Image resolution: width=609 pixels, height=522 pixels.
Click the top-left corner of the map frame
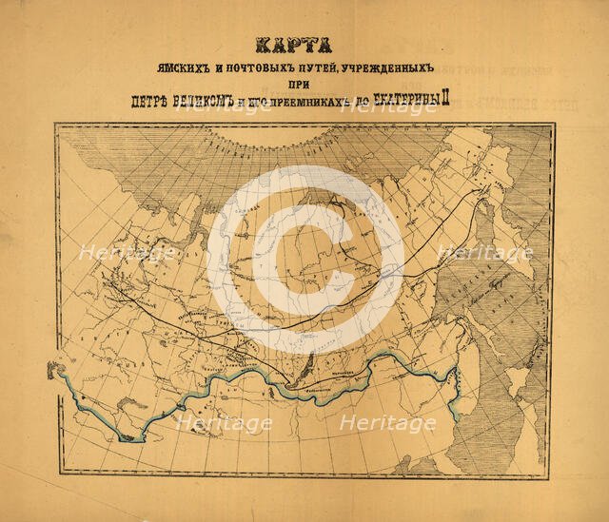(57, 126)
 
